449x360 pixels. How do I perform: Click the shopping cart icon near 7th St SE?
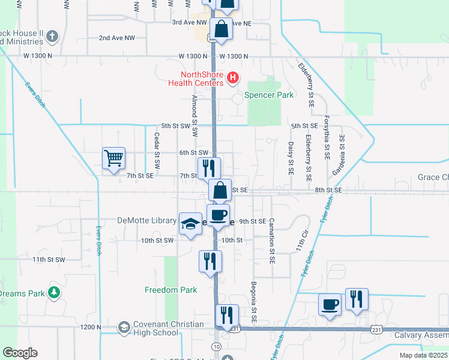(113, 159)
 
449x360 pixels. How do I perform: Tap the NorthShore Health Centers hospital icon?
(234, 78)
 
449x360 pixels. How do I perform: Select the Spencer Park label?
(268, 95)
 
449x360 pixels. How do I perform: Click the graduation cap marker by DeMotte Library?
(190, 224)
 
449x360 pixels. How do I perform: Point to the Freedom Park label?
(171, 290)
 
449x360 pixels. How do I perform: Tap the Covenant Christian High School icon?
(124, 328)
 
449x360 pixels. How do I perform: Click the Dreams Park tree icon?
(55, 293)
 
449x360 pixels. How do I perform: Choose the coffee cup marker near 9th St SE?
(218, 215)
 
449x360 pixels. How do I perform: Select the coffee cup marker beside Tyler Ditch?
(330, 304)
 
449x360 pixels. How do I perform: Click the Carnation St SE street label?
(271, 235)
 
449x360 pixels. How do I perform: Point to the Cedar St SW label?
(157, 155)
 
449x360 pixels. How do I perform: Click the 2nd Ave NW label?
(117, 38)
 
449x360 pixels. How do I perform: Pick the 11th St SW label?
(48, 259)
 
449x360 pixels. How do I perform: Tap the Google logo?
(20, 353)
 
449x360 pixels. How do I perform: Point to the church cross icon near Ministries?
(52, 37)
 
